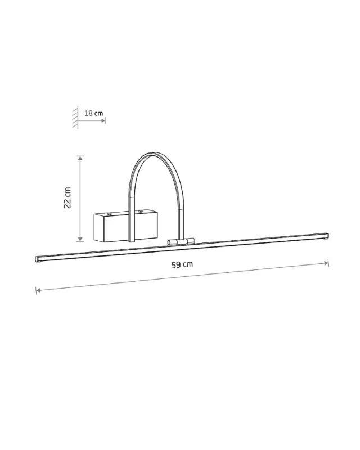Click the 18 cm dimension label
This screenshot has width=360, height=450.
click(x=93, y=113)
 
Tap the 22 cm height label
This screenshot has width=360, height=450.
click(x=67, y=198)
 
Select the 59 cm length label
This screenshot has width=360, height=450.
click(x=182, y=264)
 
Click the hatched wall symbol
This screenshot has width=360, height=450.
click(x=75, y=117)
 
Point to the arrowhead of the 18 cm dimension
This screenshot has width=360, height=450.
click(x=103, y=120)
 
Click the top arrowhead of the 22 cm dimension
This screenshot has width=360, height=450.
click(x=80, y=158)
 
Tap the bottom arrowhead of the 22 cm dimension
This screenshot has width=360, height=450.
click(x=80, y=239)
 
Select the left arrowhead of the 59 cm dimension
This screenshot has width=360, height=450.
click(x=38, y=290)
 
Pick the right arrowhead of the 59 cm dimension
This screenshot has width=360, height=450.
click(x=326, y=263)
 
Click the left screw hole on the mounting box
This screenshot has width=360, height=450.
click(x=109, y=214)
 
